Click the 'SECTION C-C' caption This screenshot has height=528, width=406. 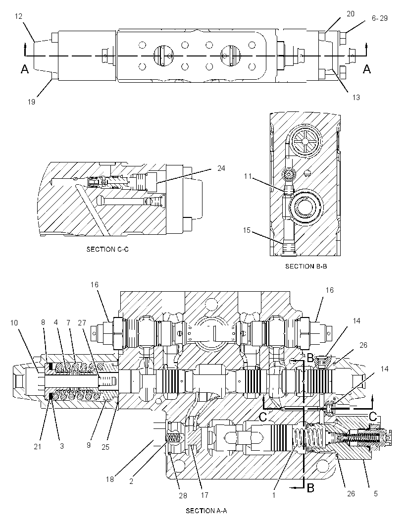pyautogui.click(x=107, y=249)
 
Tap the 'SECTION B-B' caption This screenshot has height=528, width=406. pyautogui.click(x=306, y=266)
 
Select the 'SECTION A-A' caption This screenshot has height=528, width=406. pyautogui.click(x=206, y=511)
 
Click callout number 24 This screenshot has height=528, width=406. pyautogui.click(x=221, y=168)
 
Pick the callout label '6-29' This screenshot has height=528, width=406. pyautogui.click(x=380, y=18)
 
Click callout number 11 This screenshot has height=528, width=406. pyautogui.click(x=248, y=176)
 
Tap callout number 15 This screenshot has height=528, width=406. pyautogui.click(x=247, y=230)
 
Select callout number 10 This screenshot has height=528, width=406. pyautogui.click(x=14, y=323)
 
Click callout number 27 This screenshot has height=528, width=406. pyautogui.click(x=82, y=322)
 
